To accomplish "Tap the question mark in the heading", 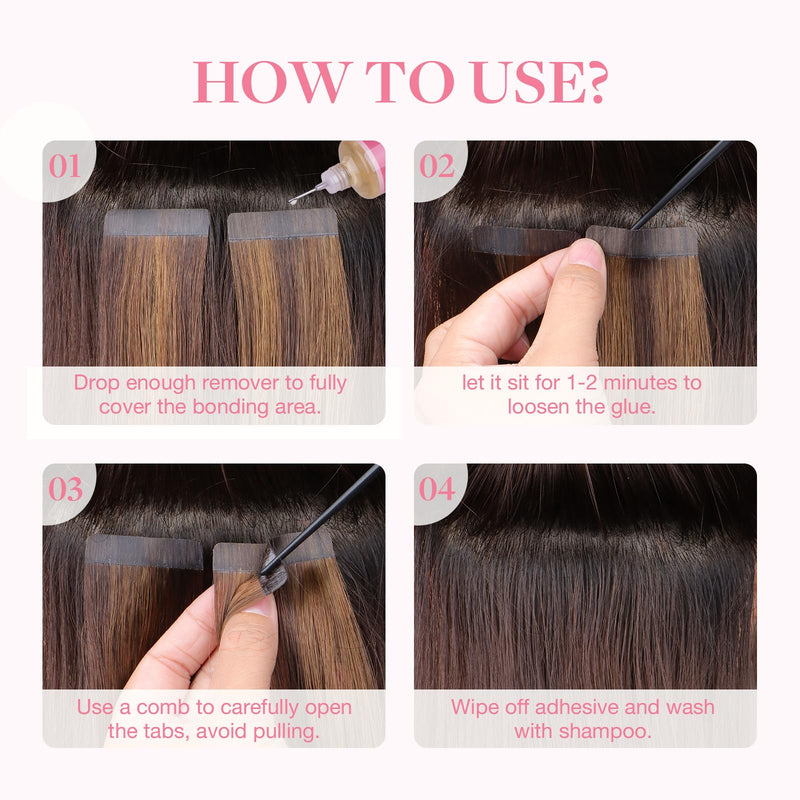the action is point(593,82).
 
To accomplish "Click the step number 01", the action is point(65,166).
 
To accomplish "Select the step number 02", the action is point(437,166).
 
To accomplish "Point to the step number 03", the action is point(65,489).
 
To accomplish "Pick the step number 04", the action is point(437,489).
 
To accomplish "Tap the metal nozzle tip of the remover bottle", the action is point(301,196).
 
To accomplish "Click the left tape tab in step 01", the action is point(157,223).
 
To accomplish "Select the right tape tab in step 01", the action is point(283,226).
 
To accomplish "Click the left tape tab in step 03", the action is point(144,551).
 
